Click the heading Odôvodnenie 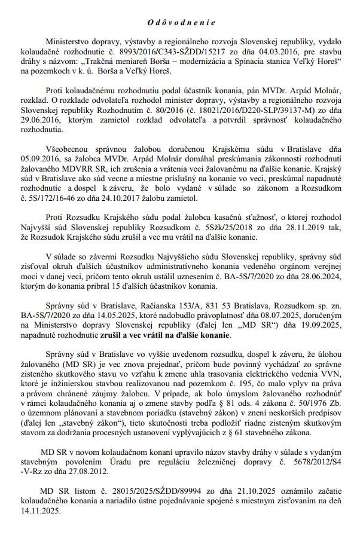(180, 22)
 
